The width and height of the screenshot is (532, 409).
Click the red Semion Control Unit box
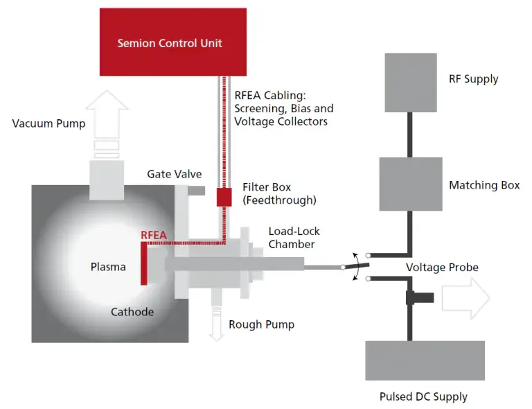(173, 42)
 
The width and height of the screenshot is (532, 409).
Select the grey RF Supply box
(411, 82)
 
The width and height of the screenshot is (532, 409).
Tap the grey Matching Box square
(411, 184)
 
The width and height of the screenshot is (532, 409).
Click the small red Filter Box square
(224, 197)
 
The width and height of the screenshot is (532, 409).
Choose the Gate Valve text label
(174, 174)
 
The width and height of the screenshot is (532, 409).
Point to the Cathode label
(132, 312)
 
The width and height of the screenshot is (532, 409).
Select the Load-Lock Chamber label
(294, 237)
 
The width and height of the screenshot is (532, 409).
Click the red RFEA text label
(154, 235)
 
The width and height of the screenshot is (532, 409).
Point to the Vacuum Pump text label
(48, 123)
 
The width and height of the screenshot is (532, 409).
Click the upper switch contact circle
(368, 255)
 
